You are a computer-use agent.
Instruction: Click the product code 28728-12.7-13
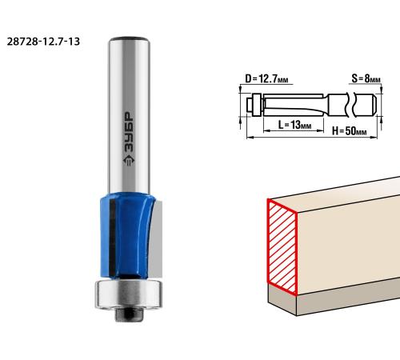tap(43, 42)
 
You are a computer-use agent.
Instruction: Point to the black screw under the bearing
tap(129, 315)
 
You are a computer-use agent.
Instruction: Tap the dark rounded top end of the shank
tap(129, 39)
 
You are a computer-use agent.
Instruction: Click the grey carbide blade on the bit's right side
tap(156, 238)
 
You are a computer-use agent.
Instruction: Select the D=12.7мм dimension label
tap(266, 79)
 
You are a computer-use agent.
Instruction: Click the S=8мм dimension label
tap(366, 78)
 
